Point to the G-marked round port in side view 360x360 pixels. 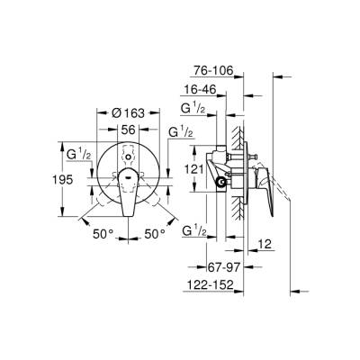click(x=220, y=183)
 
